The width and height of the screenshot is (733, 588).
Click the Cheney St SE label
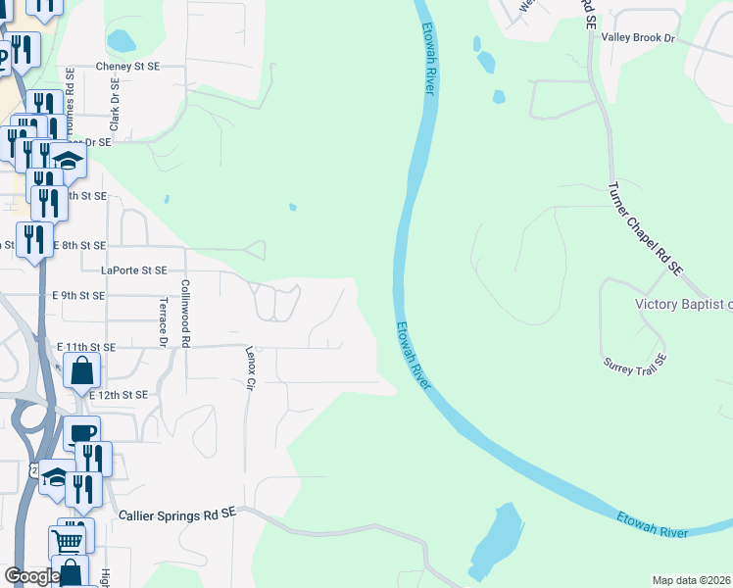tap(127, 67)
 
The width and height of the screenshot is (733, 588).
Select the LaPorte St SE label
tap(133, 269)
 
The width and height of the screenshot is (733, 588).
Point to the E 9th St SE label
tap(77, 295)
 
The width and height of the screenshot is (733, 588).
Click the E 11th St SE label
tap(86, 347)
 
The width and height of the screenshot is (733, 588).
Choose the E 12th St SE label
tap(118, 394)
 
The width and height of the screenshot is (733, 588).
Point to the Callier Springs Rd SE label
tap(177, 514)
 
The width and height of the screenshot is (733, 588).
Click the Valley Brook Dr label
tap(639, 37)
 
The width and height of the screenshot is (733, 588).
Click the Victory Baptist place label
tap(683, 304)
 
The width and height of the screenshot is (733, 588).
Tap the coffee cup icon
tap(81, 432)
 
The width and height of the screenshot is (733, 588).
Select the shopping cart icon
tap(67, 540)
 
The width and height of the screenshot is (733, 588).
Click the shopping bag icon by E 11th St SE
tap(81, 370)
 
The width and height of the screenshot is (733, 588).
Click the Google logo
tap(31, 575)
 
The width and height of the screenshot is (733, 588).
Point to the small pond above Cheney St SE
tap(121, 41)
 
